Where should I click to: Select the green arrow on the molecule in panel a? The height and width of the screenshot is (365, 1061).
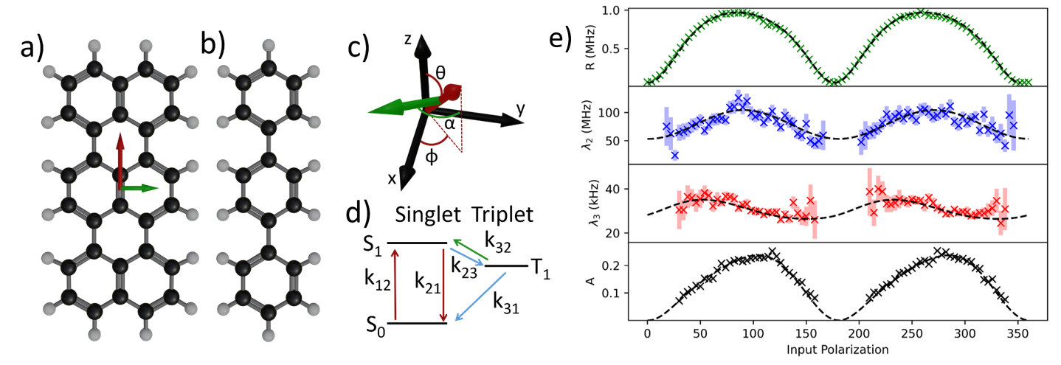tap(139, 189)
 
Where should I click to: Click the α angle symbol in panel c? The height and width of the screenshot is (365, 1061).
tap(449, 124)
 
